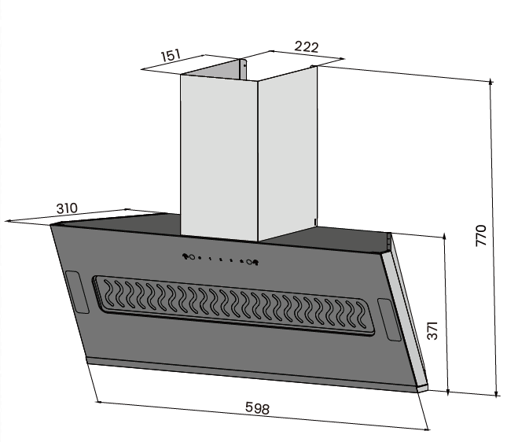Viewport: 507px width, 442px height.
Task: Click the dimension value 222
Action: pos(306,47)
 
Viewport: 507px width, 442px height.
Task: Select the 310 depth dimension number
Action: pos(67,208)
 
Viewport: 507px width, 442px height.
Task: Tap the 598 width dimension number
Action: pos(257,409)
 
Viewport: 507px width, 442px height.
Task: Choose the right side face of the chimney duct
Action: pos(287,149)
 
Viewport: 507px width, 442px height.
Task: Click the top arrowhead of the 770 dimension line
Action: pos(492,82)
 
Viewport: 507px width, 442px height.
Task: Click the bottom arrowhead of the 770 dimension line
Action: pos(498,392)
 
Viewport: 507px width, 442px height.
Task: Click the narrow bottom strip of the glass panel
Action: pos(252,374)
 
